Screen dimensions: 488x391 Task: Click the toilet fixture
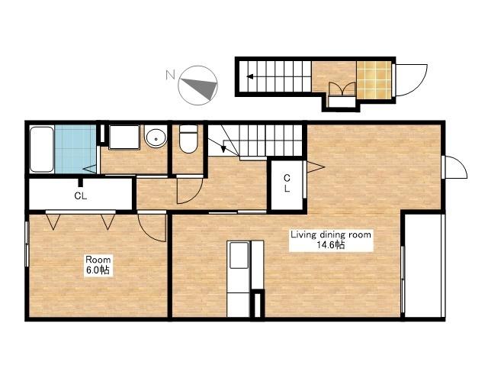pyautogui.click(x=188, y=139)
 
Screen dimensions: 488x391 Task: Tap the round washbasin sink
pyautogui.click(x=156, y=137)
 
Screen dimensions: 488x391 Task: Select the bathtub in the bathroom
pyautogui.click(x=42, y=149)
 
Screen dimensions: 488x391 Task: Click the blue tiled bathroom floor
pyautogui.click(x=75, y=149)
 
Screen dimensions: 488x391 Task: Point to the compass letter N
pyautogui.click(x=170, y=75)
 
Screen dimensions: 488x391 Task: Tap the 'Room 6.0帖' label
pyautogui.click(x=98, y=265)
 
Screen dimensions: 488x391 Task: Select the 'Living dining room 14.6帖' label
pyautogui.click(x=331, y=240)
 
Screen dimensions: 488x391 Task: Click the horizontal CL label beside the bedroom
pyautogui.click(x=81, y=195)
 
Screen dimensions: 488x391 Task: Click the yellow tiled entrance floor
pyautogui.click(x=374, y=80)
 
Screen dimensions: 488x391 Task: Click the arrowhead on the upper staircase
pyautogui.click(x=249, y=76)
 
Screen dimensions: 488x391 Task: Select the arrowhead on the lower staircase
pyautogui.click(x=223, y=150)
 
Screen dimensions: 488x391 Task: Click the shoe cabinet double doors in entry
pyautogui.click(x=342, y=89)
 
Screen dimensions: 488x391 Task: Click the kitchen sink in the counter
pyautogui.click(x=239, y=255)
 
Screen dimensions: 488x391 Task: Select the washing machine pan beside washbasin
pyautogui.click(x=124, y=137)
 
